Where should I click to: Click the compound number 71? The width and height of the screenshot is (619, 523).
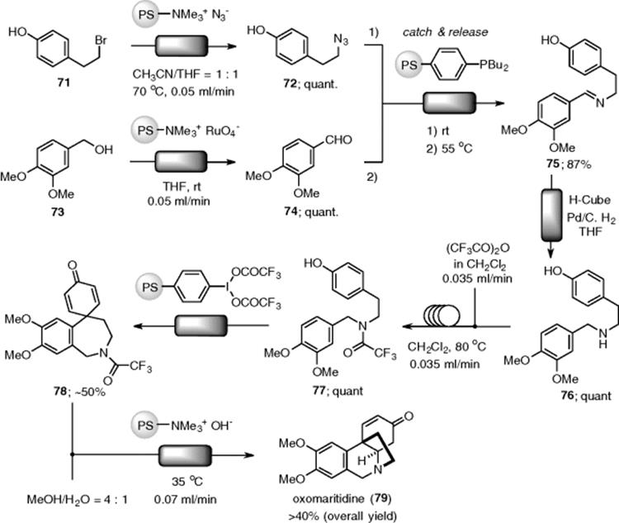[64, 83]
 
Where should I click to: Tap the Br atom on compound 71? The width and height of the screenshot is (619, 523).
[101, 40]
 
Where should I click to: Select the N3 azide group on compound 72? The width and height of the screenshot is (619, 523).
[341, 40]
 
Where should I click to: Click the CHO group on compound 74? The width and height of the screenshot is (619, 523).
[338, 140]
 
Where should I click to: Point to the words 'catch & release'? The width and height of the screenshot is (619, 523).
[445, 32]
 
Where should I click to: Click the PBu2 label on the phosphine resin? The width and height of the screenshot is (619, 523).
[494, 64]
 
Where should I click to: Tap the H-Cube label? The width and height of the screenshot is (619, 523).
[589, 200]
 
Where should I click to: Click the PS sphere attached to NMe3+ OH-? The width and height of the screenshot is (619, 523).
[145, 426]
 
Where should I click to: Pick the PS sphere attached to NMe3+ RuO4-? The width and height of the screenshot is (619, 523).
[145, 130]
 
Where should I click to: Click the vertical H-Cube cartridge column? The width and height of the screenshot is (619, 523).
[551, 216]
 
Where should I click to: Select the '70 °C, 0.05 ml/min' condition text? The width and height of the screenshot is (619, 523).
[183, 92]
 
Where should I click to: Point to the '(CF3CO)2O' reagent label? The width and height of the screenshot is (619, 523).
[478, 249]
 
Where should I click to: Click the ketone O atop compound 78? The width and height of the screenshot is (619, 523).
[73, 265]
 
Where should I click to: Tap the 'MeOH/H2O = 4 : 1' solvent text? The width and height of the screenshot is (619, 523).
[77, 500]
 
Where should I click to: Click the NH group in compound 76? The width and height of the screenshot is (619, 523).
[602, 339]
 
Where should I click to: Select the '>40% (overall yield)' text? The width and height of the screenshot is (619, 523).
[343, 516]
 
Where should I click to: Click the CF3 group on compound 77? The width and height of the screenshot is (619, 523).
[385, 353]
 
